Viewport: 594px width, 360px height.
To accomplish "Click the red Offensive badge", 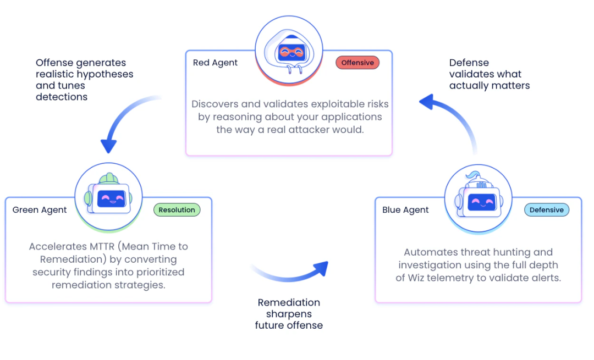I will (x=358, y=63).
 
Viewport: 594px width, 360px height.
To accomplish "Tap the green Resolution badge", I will (x=177, y=210).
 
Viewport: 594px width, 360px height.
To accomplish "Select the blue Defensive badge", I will (x=546, y=210).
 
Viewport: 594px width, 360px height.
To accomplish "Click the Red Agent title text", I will (x=215, y=63).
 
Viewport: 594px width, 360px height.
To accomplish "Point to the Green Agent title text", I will (x=40, y=210).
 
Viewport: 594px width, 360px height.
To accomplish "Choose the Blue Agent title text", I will (x=405, y=210).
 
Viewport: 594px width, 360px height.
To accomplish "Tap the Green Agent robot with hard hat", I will (x=109, y=196).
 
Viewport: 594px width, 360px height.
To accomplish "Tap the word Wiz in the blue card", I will (x=417, y=278).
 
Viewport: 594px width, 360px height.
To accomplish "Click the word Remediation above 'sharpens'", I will (x=289, y=302).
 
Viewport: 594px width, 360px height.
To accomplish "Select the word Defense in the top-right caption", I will (x=469, y=63).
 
